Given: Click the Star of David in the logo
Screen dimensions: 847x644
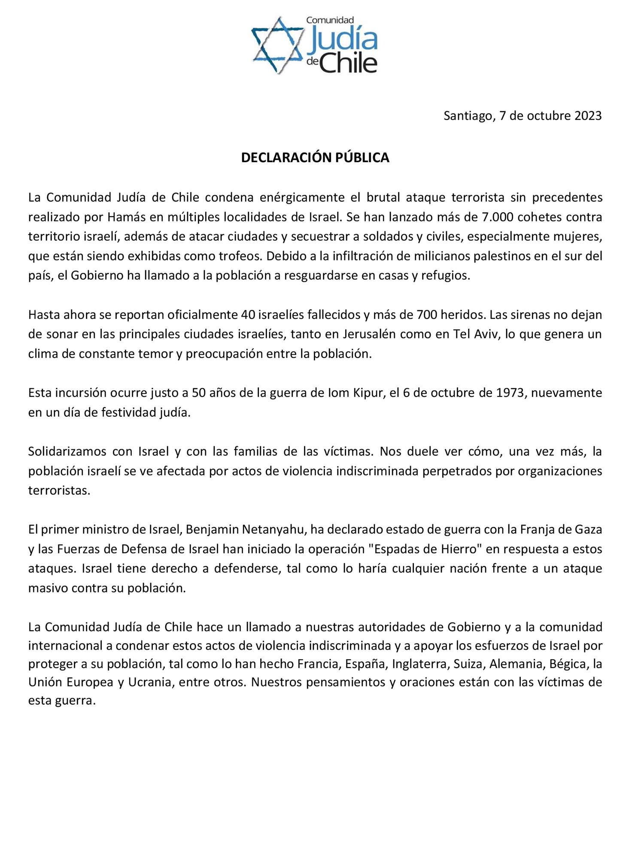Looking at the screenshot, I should [x=276, y=45].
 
